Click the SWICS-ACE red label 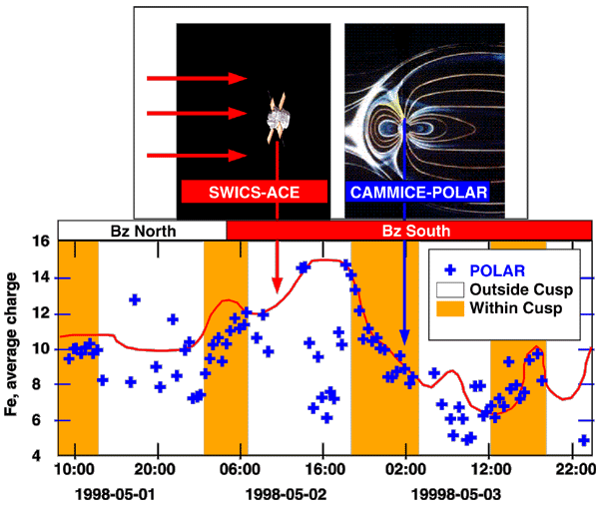[x=255, y=192]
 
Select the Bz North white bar [x=143, y=231]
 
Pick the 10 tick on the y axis [x=40, y=349]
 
